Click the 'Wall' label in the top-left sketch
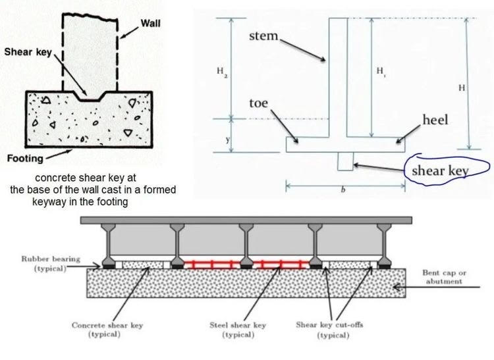[150, 23]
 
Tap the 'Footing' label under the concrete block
[25, 158]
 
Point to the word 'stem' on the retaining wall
[263, 37]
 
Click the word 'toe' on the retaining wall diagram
[258, 103]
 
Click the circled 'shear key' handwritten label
[439, 170]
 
